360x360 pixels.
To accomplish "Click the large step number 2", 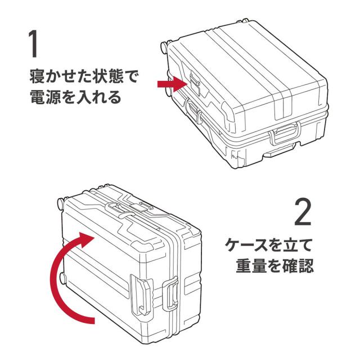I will pyautogui.click(x=301, y=212).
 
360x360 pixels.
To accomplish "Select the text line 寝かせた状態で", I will pyautogui.click(x=83, y=75).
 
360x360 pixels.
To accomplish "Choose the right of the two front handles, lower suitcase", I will pyautogui.click(x=172, y=294).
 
